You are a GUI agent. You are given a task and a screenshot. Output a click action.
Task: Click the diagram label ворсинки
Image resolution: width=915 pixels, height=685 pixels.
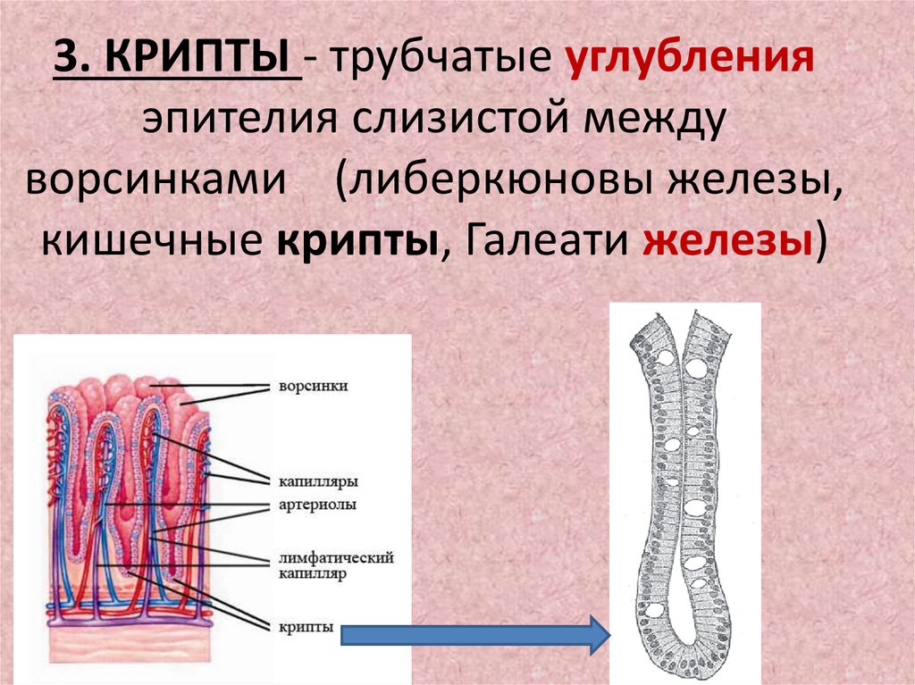click(x=312, y=387)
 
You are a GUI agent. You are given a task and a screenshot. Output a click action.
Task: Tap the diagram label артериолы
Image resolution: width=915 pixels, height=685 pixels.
click(x=314, y=505)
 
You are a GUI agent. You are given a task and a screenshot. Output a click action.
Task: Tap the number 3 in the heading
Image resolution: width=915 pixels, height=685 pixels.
click(x=67, y=63)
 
